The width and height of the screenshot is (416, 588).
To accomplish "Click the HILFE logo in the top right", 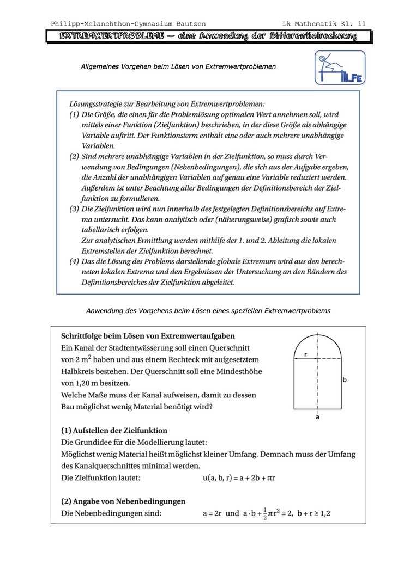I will coord(340,68).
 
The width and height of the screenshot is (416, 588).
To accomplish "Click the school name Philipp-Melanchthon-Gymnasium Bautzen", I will coord(128,24).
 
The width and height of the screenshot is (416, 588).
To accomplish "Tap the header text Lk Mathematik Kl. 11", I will coord(324,24).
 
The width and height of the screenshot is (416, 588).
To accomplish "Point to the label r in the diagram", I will coord(305,354).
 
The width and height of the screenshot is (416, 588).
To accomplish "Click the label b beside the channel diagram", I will coord(345,380).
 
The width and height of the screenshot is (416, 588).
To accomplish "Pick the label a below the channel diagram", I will coord(317,417).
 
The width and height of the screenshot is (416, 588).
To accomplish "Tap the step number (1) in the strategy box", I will coord(74,115).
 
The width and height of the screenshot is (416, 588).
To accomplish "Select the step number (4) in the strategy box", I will coord(74,261).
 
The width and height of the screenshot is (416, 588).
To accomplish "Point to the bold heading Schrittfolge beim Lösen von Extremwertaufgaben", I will coord(148,336).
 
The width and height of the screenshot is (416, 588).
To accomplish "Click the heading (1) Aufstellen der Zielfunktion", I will coord(114,431).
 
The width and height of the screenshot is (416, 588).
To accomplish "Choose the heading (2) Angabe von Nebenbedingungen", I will coord(123,501).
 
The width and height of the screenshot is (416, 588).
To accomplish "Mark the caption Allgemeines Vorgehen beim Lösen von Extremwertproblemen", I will coord(178,66).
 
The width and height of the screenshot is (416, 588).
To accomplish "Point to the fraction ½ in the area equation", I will coord(265,513).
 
